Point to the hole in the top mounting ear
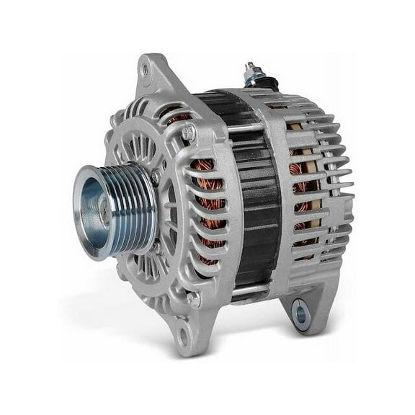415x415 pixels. tap(146, 70)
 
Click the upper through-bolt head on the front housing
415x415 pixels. tap(189, 133)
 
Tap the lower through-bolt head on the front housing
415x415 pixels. tap(192, 298)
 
